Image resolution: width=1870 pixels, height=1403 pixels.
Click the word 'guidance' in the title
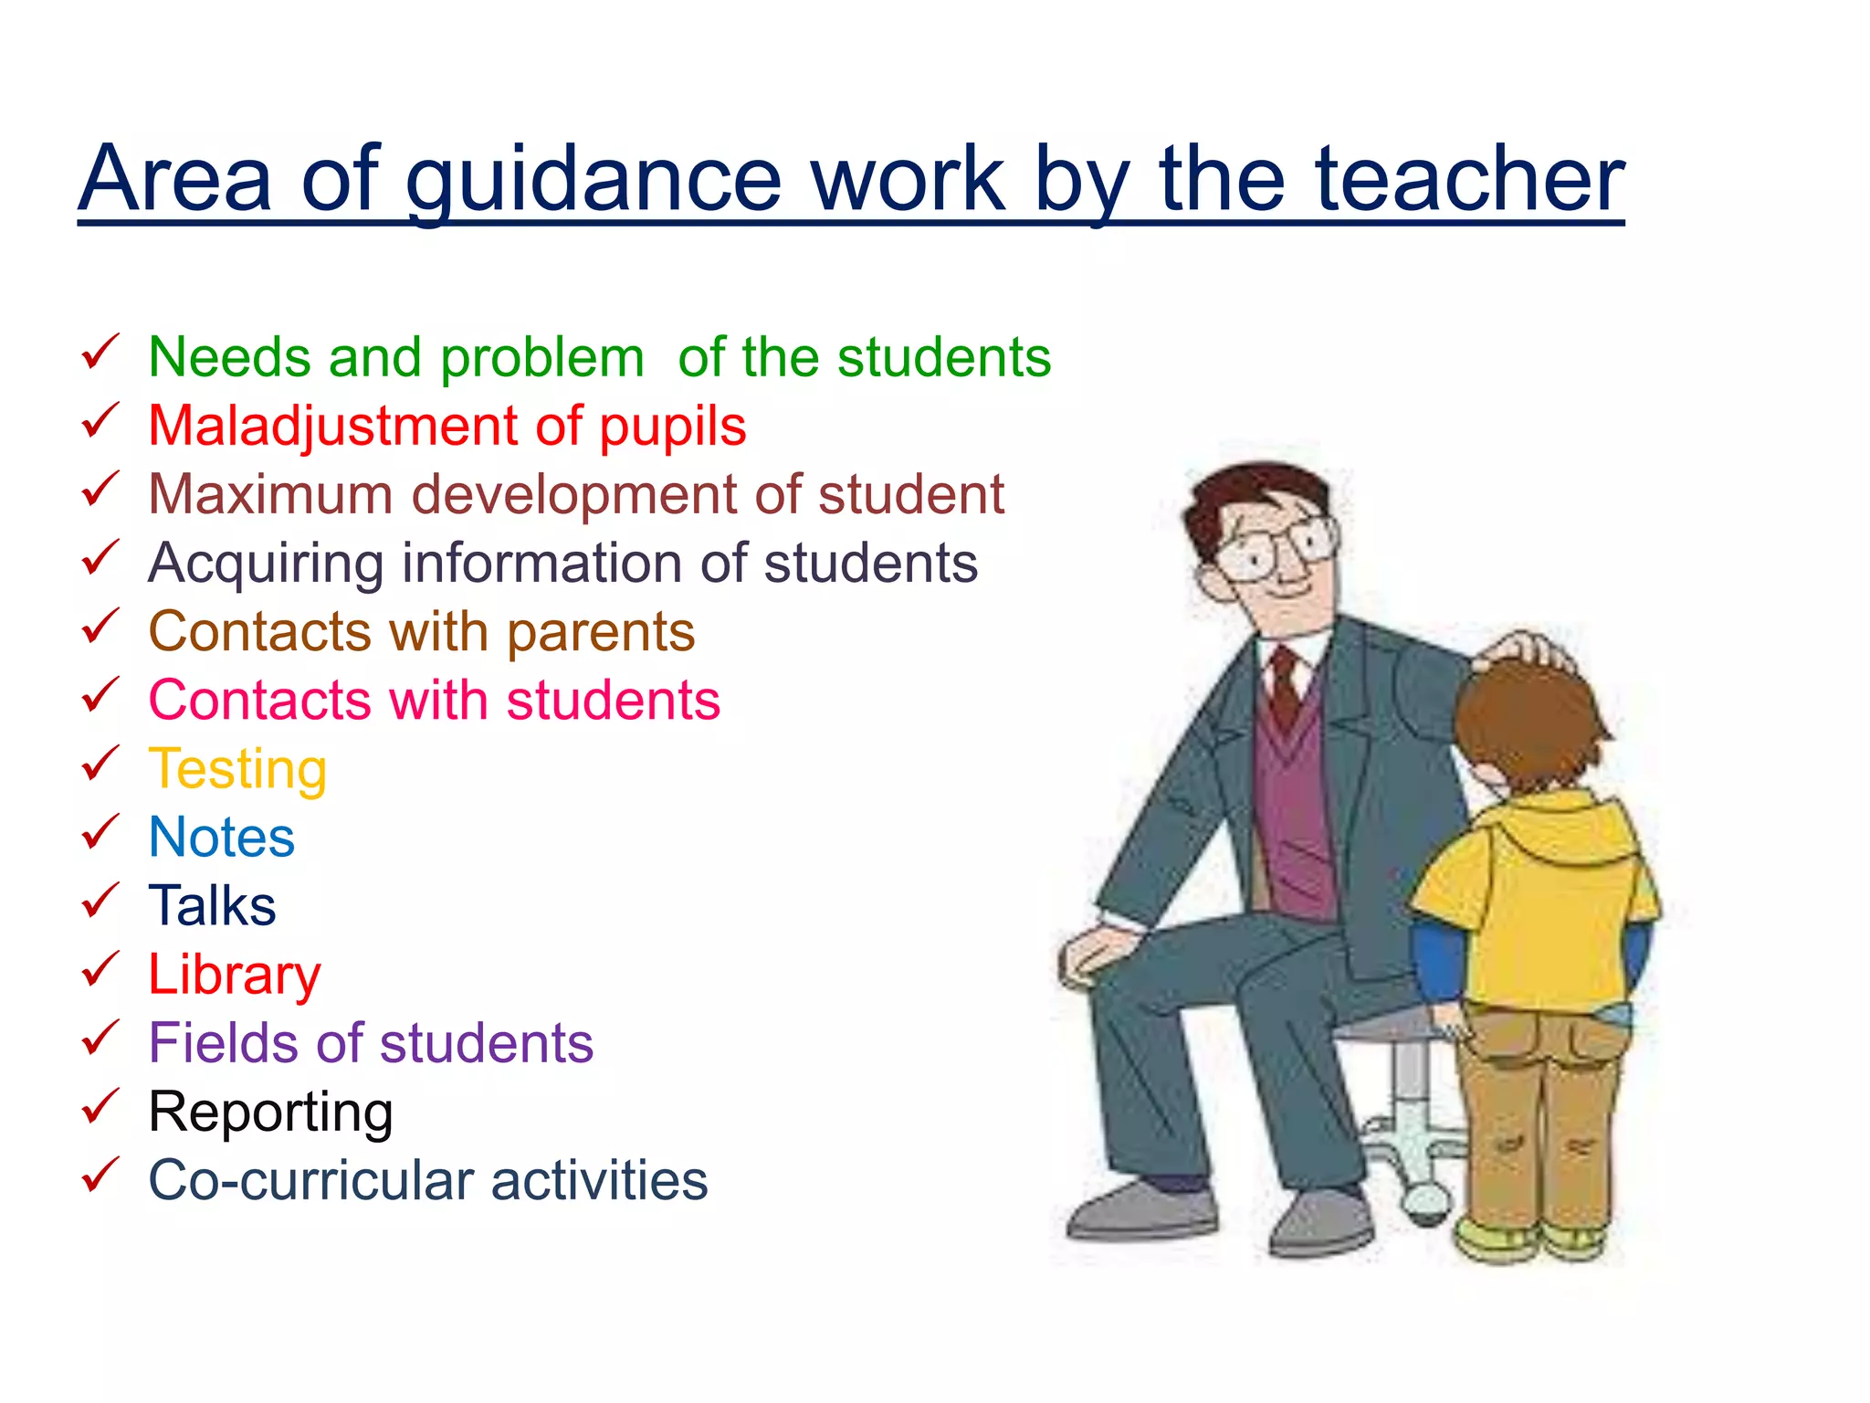(x=594, y=182)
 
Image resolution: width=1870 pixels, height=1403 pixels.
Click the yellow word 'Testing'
(x=237, y=770)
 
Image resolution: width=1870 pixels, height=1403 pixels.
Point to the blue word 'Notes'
(x=222, y=838)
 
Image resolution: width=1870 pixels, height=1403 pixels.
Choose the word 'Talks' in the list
(x=212, y=905)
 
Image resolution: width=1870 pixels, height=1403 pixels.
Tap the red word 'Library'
(x=235, y=976)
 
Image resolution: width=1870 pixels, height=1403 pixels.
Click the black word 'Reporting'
(x=270, y=1113)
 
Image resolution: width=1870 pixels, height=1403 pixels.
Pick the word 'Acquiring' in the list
(x=266, y=564)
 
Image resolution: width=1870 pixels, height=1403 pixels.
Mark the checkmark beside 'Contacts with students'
(x=100, y=695)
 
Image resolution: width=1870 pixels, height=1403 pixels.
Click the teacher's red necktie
(x=1286, y=685)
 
